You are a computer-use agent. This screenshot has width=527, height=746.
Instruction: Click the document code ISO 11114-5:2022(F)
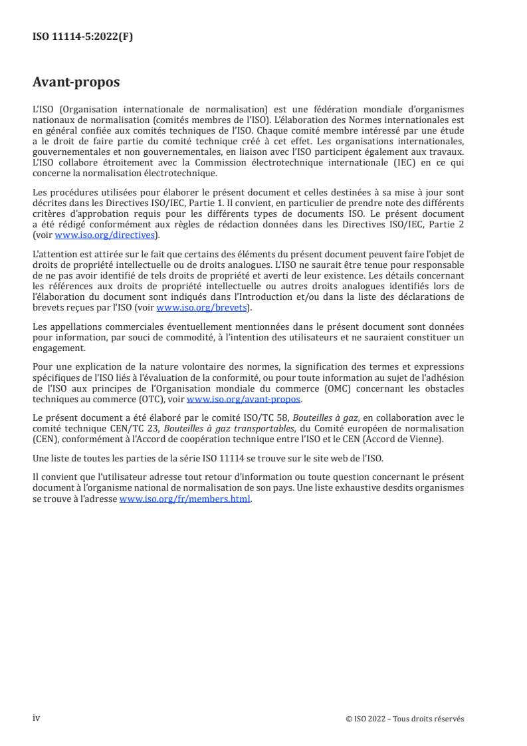(82, 37)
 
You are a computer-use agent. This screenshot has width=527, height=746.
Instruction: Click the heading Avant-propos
(76, 83)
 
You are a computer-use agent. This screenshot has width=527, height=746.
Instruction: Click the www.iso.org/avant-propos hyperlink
(244, 400)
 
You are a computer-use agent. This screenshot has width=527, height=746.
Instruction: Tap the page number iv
(37, 717)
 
